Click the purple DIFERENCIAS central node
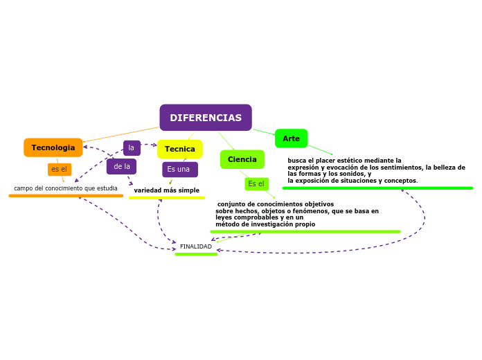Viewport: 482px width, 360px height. (206, 118)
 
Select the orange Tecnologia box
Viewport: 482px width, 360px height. (53, 147)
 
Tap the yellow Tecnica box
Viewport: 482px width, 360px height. (180, 149)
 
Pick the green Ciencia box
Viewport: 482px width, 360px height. (242, 159)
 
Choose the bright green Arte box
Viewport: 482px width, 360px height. (291, 138)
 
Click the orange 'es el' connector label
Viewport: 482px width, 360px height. (60, 170)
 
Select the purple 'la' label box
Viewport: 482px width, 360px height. (132, 148)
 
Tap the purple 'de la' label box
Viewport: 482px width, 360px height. (121, 167)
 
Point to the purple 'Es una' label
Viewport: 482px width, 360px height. (180, 170)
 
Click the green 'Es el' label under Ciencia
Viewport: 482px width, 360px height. (256, 184)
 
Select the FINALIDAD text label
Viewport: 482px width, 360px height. (196, 246)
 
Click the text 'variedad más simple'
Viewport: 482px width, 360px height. (167, 190)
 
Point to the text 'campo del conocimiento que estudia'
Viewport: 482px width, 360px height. (66, 188)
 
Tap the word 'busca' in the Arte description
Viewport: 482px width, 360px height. (296, 161)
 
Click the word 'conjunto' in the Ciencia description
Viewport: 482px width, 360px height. (230, 204)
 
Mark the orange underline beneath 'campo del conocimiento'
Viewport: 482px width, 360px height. (66, 196)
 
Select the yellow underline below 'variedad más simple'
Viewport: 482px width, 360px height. (167, 198)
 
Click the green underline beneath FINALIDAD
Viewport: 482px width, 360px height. (196, 254)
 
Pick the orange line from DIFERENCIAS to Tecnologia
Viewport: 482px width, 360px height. (121, 134)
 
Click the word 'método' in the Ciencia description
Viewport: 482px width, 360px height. (226, 224)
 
